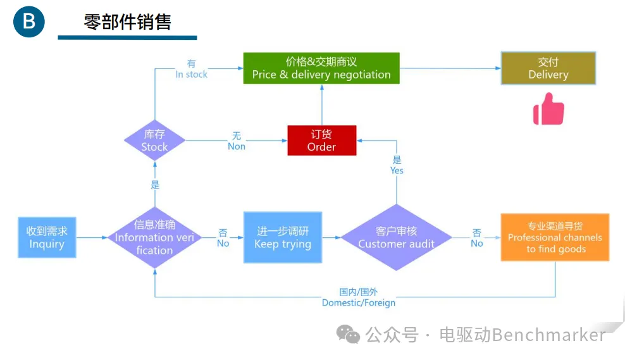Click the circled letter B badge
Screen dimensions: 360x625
(29, 22)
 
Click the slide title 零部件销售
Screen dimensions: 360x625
(127, 22)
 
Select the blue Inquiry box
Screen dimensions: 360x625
(47, 237)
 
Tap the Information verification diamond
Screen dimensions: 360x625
(154, 237)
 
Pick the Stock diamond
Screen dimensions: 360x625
(155, 140)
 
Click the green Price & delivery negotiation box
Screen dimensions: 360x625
(321, 68)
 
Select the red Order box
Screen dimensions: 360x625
(321, 140)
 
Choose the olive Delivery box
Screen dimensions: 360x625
(548, 68)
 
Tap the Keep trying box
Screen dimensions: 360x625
(283, 237)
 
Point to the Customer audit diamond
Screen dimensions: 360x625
(397, 237)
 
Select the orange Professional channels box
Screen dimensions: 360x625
(555, 237)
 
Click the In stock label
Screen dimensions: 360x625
(192, 69)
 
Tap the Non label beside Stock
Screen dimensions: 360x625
(237, 141)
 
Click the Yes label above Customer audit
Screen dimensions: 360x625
(397, 165)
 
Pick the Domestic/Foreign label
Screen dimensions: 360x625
(359, 297)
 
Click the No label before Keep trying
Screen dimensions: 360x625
(223, 238)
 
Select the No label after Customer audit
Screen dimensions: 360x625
(477, 238)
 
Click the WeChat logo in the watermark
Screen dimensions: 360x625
(349, 333)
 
